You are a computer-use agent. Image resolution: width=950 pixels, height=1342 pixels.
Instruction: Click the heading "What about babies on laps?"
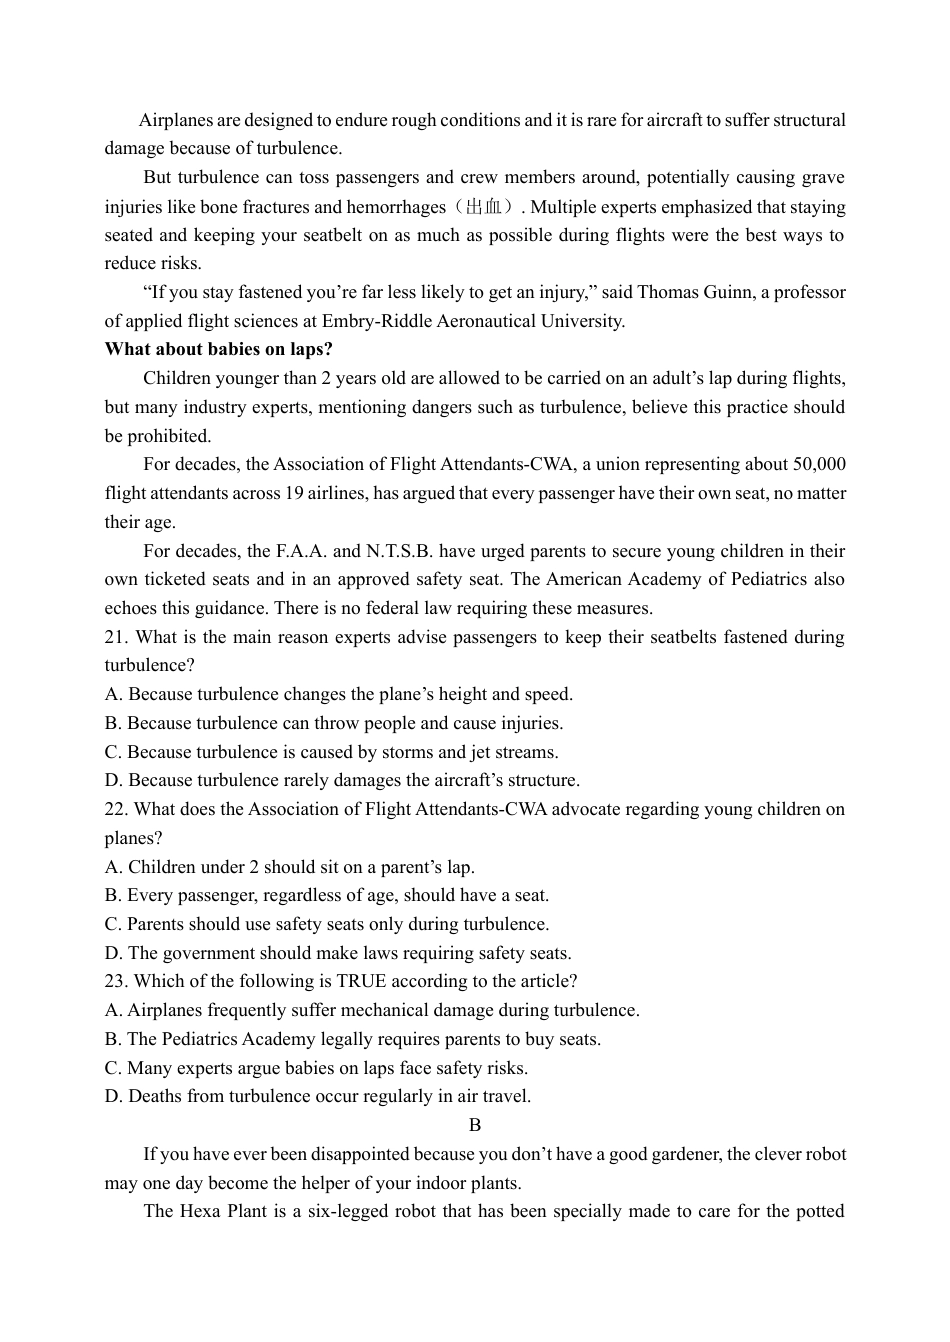(218, 349)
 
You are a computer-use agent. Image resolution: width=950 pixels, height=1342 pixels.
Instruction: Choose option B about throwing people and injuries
(334, 723)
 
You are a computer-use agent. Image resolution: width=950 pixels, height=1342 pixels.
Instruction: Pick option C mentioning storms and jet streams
(332, 752)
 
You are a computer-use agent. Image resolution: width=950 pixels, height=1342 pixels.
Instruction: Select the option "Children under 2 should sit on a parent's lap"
(290, 867)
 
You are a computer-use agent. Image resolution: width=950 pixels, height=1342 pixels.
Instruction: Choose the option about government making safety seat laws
(338, 953)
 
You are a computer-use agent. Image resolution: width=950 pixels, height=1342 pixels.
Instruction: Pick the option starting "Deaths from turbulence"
(318, 1096)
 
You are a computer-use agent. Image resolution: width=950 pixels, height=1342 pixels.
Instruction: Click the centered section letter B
(475, 1125)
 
